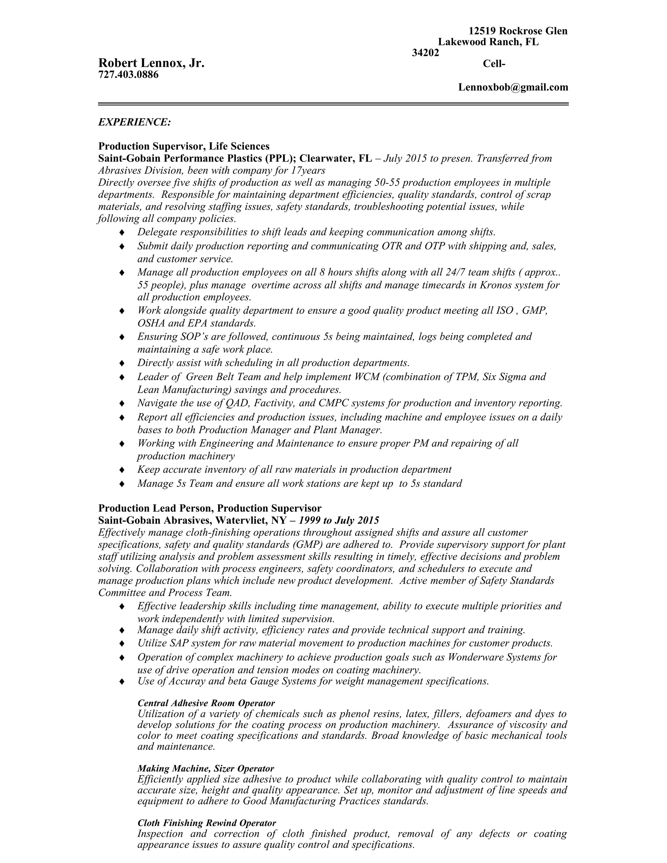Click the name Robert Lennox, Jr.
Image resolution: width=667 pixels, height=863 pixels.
151,63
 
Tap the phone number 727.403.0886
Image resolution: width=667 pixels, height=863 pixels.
128,74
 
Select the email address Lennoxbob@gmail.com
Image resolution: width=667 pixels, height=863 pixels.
513,87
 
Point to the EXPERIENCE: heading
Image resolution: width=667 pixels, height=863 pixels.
135,122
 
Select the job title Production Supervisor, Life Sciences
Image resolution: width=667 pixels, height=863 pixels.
184,147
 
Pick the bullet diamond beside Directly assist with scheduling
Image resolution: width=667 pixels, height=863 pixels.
122,363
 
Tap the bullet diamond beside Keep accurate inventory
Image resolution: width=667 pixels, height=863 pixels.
122,469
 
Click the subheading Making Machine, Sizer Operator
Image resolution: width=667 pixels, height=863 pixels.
206,769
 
